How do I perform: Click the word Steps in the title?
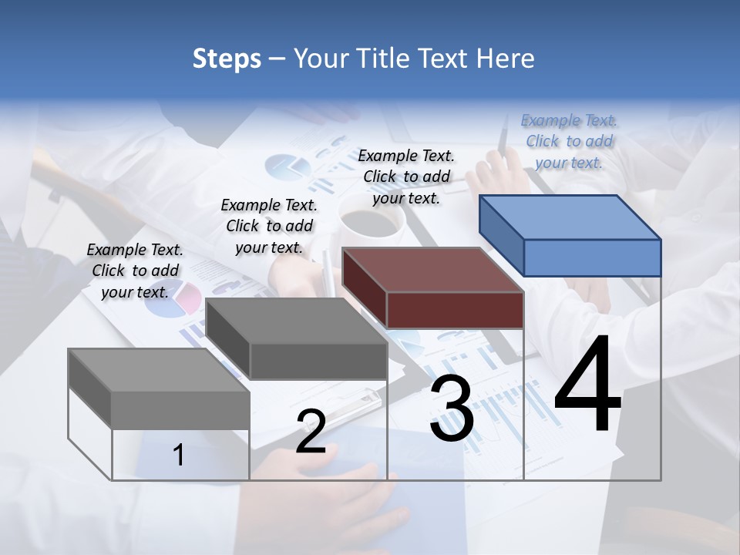click(x=227, y=59)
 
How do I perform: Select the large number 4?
click(x=587, y=385)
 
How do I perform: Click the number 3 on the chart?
click(x=452, y=409)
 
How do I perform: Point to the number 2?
click(x=311, y=432)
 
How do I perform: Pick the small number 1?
click(x=179, y=455)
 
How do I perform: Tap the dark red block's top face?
click(x=432, y=270)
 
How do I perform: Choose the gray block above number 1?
click(x=159, y=370)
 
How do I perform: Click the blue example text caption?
click(x=569, y=141)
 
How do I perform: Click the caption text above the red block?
click(x=406, y=177)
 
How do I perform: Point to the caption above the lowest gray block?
click(x=135, y=271)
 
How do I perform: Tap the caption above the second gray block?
click(x=269, y=226)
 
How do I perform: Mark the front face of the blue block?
click(x=592, y=257)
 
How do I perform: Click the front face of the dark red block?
click(x=455, y=310)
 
